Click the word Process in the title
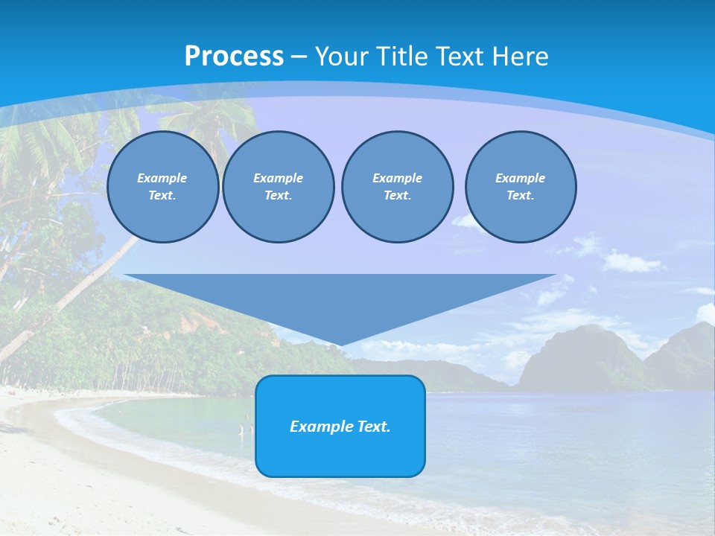[234, 57]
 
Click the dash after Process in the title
[299, 58]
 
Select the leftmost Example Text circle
[162, 187]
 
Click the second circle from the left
[279, 187]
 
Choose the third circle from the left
[398, 187]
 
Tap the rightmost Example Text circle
[521, 187]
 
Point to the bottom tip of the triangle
[340, 344]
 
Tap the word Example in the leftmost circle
[162, 178]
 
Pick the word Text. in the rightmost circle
[521, 196]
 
